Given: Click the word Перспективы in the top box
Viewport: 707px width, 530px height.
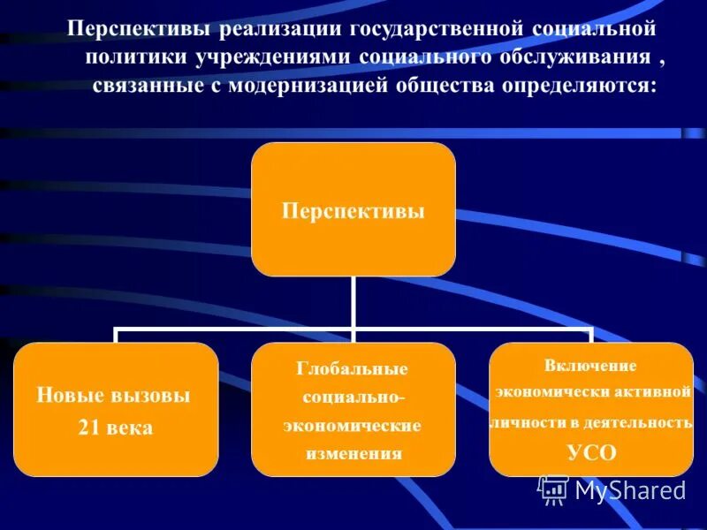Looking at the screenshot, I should (x=353, y=212).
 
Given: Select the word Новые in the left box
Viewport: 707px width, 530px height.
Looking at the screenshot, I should (x=68, y=395).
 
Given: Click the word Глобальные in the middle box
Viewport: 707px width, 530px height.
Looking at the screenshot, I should (x=352, y=368).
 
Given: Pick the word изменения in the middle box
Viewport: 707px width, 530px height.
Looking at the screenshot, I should (x=353, y=454).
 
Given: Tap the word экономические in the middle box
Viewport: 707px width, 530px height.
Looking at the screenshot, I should (x=352, y=426).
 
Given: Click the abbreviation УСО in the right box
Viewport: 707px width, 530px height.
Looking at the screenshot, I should (x=590, y=453).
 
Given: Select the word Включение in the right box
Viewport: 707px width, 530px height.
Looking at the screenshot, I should (x=590, y=366).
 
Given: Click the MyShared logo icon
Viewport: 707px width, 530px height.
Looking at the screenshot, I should (x=553, y=489).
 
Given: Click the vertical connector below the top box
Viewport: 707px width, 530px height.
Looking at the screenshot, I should (x=353, y=302).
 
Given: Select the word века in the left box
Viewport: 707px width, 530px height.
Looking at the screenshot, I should (x=131, y=428).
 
